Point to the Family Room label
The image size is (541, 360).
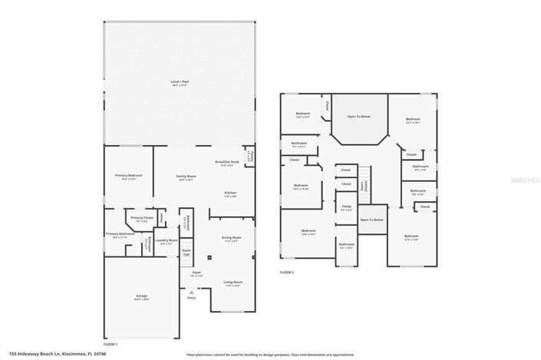pyautogui.click(x=186, y=178)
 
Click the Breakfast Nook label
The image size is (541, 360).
pyautogui.click(x=227, y=163)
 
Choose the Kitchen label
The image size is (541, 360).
pyautogui.click(x=230, y=194)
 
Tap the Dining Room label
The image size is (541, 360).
pyautogui.click(x=232, y=239)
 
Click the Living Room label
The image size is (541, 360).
pyautogui.click(x=232, y=283)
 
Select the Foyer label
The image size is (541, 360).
pyautogui.click(x=196, y=273)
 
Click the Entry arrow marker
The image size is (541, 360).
pyautogui.click(x=190, y=292)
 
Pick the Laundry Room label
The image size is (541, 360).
pyautogui.click(x=161, y=242)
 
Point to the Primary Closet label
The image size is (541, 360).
pyautogui.click(x=141, y=220)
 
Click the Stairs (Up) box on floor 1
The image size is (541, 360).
pyautogui.click(x=186, y=252)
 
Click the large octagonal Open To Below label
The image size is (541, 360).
pyautogui.click(x=358, y=117)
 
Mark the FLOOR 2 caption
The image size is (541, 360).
pyautogui.click(x=286, y=272)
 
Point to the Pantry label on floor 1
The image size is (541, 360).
pyautogui.click(x=249, y=157)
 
